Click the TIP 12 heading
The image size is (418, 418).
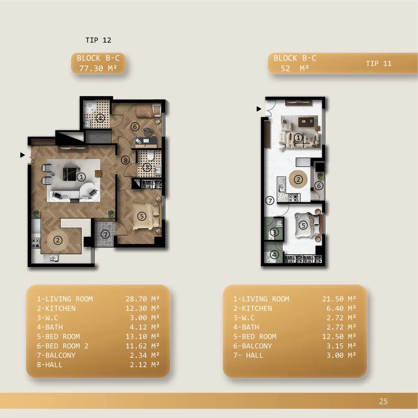pyautogui.click(x=98, y=40)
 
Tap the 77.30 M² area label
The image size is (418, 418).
pyautogui.click(x=98, y=69)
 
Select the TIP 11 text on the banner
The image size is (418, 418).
pyautogui.click(x=379, y=63)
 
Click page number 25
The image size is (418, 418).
pyautogui.click(x=383, y=401)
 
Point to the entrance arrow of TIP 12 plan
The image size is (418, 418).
pyautogui.click(x=22, y=155)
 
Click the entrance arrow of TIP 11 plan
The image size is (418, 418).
pyautogui.click(x=259, y=109)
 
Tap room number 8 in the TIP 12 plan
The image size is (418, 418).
pyautogui.click(x=125, y=161)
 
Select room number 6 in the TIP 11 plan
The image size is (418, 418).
pyautogui.click(x=319, y=186)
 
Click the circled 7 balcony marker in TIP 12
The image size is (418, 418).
pyautogui.click(x=106, y=234)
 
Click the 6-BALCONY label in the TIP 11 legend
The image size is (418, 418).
pyautogui.click(x=253, y=346)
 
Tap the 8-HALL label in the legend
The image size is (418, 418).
pyautogui.click(x=50, y=365)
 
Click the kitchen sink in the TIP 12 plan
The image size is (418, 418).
pyautogui.click(x=51, y=258)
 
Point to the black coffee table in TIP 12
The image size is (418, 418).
pyautogui.click(x=70, y=174)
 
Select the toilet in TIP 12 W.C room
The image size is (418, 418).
pyautogui.click(x=150, y=155)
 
